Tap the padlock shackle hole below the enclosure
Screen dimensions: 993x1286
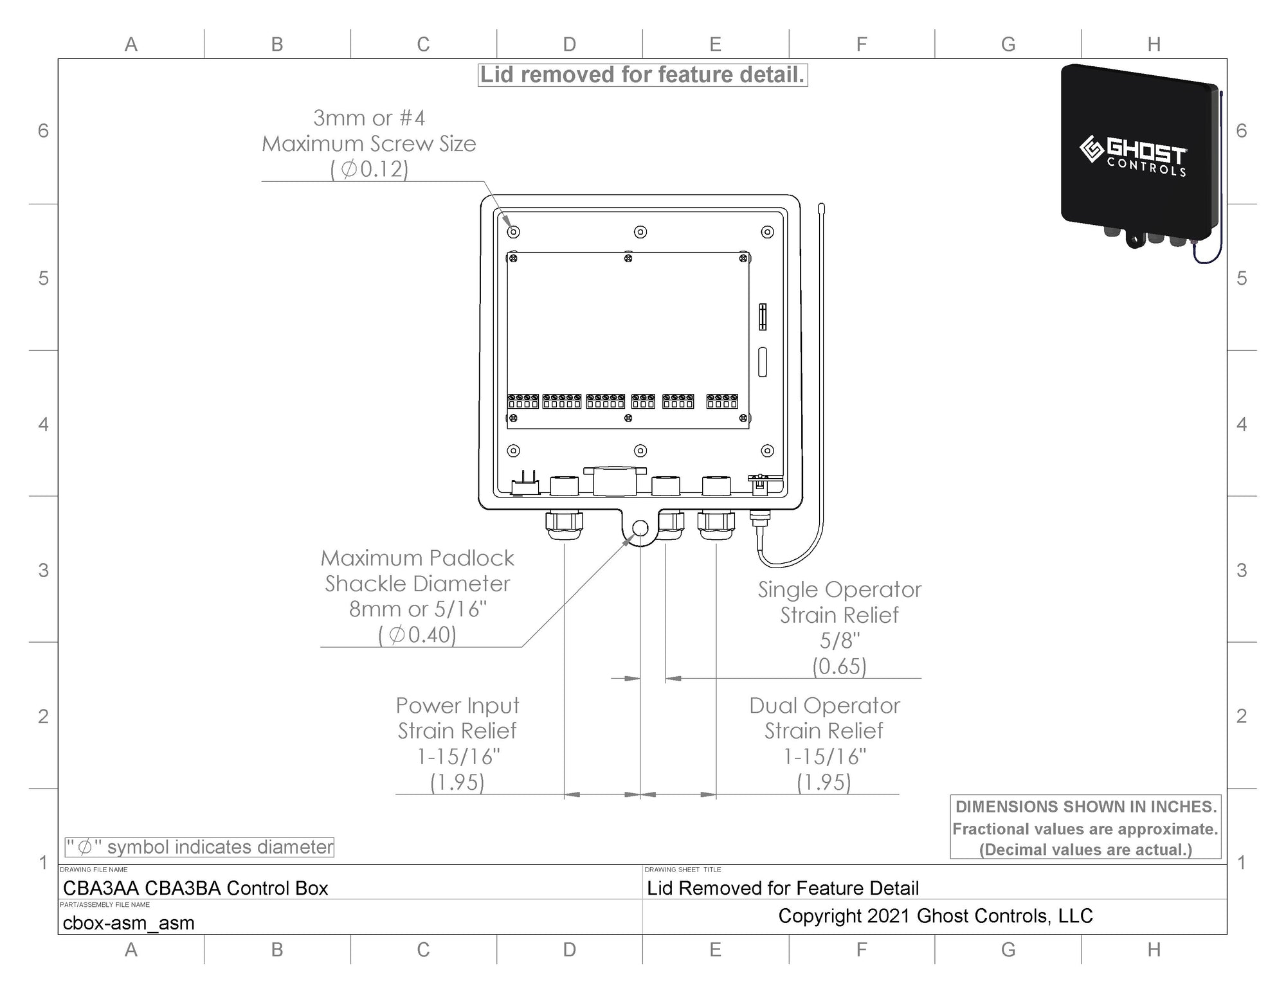coord(640,528)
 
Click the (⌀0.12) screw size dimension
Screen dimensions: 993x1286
coord(369,169)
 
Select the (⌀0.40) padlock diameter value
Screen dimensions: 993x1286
coord(417,635)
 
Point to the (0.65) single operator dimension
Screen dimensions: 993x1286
coord(839,666)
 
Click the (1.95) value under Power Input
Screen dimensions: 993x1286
coord(457,782)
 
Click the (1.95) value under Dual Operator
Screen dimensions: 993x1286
coord(824,782)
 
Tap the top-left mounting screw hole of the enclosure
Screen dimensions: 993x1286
coord(513,231)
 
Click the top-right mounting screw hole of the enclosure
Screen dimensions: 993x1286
coord(767,231)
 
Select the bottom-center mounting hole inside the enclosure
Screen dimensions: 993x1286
coord(640,451)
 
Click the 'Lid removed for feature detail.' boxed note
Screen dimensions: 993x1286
coord(642,75)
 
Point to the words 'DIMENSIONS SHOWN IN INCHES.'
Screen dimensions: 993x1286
coord(1086,807)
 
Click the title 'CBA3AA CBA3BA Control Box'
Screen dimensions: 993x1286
coord(195,888)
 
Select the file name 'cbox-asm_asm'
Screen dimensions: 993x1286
coord(129,923)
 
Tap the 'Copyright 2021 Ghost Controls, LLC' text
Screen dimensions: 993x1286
coord(936,916)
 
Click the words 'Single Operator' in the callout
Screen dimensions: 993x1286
coord(839,590)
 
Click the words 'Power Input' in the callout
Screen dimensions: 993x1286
coord(457,706)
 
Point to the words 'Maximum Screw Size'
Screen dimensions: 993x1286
coord(369,144)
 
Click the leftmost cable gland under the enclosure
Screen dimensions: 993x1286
coord(564,524)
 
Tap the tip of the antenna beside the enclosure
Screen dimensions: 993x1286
coord(821,207)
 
